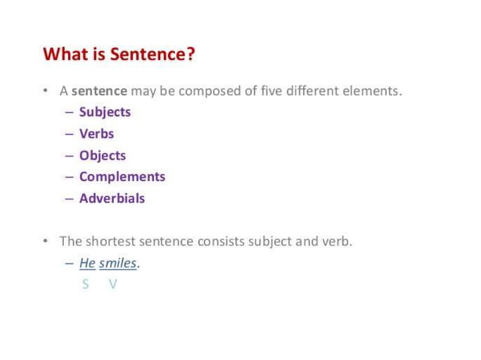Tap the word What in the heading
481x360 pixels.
[x=62, y=55]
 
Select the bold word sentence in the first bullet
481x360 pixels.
[x=100, y=91]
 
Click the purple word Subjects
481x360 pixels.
[x=105, y=112]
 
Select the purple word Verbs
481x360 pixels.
[x=97, y=134]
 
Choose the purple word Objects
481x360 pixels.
[x=103, y=156]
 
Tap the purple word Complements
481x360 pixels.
[x=122, y=177]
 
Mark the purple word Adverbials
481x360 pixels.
[x=112, y=199]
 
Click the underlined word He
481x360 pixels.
[x=87, y=264]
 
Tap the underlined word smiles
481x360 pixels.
[x=118, y=264]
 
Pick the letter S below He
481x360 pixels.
[x=86, y=284]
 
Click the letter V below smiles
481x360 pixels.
[x=113, y=284]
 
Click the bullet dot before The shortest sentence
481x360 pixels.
[x=46, y=242]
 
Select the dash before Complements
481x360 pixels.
[x=69, y=177]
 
